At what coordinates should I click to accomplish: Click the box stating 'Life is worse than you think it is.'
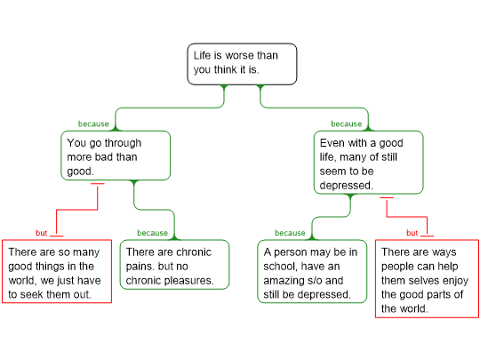[x=242, y=64]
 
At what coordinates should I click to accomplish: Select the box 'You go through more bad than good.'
[x=116, y=156]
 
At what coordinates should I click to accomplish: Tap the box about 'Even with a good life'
[x=368, y=163]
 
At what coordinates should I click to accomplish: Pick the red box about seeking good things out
[x=57, y=271]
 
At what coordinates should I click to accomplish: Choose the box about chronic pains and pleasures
[x=174, y=265]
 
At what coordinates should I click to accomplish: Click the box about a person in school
[x=312, y=271]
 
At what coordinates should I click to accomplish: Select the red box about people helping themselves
[x=427, y=279]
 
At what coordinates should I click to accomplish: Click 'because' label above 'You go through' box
[x=93, y=124]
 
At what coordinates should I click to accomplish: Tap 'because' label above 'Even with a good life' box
[x=347, y=124]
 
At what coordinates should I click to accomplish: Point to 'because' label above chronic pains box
[x=153, y=233]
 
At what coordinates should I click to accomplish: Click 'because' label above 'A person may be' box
[x=290, y=233]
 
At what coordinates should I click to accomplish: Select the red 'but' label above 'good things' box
[x=41, y=233]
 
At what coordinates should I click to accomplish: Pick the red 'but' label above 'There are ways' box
[x=412, y=233]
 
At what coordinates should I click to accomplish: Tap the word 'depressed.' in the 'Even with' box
[x=347, y=186]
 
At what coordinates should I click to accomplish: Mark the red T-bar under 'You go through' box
[x=98, y=184]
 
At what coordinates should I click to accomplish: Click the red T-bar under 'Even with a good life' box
[x=387, y=197]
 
